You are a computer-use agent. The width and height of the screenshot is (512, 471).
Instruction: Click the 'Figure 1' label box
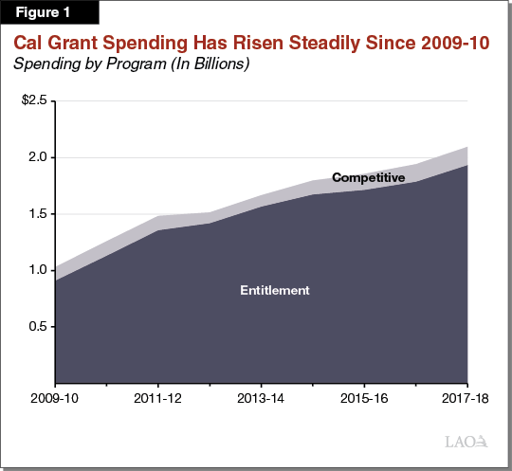[x=42, y=16]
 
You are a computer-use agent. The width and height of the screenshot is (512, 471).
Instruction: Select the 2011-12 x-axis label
[x=157, y=399]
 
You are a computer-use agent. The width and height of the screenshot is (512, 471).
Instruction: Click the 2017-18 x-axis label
[x=464, y=399]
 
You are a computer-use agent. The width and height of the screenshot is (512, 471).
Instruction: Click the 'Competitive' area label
[x=368, y=177]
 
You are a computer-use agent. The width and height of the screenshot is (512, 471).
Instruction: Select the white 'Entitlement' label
[x=275, y=290]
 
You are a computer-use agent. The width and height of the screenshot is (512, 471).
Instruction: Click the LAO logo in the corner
[x=467, y=442]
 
